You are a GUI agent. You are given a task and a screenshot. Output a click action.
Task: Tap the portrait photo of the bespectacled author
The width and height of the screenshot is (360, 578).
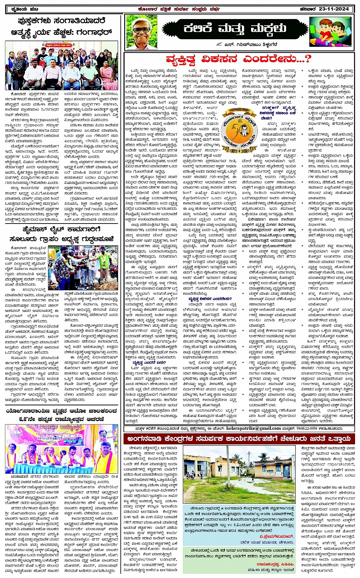point(142,32)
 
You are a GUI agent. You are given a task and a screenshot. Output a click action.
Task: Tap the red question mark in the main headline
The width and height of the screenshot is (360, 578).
point(307,59)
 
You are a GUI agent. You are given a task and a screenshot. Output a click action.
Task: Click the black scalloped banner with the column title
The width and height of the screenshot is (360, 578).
point(234,29)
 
